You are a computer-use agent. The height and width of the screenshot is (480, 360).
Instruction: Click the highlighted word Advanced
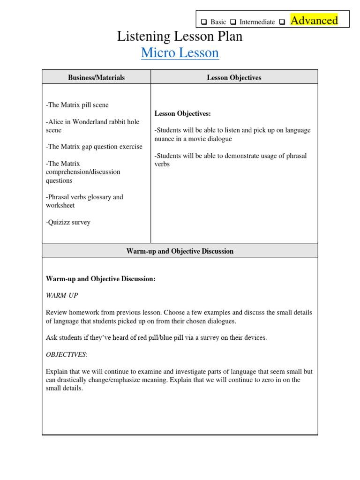click(314, 20)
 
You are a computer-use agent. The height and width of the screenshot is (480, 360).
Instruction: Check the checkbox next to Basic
click(204, 22)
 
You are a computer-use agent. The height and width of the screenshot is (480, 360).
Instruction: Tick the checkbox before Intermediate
click(233, 22)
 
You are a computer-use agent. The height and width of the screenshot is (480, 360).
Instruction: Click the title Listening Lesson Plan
click(180, 36)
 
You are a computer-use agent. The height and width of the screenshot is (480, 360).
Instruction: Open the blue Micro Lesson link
click(180, 53)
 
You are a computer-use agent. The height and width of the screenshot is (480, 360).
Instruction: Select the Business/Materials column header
click(96, 77)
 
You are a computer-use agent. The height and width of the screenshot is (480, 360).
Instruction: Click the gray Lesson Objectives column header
click(234, 77)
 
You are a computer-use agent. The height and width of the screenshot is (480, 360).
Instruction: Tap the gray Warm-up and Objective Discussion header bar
click(180, 251)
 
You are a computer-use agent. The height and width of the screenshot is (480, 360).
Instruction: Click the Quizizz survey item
click(68, 222)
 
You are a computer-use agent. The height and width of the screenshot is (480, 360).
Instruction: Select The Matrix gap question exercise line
click(94, 147)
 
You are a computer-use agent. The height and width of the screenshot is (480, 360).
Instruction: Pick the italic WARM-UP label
click(62, 295)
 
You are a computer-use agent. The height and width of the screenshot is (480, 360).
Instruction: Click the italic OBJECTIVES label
click(66, 354)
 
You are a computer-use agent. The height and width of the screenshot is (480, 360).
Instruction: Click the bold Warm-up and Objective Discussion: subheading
click(100, 279)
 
